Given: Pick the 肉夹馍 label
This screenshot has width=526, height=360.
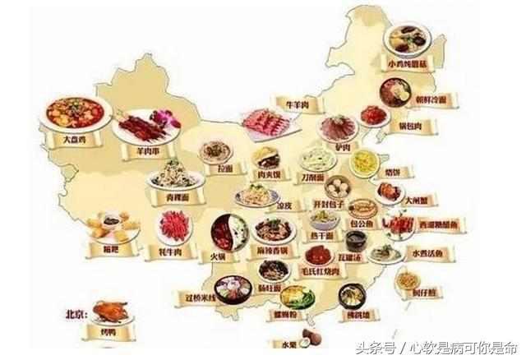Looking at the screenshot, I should coord(268,174).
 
